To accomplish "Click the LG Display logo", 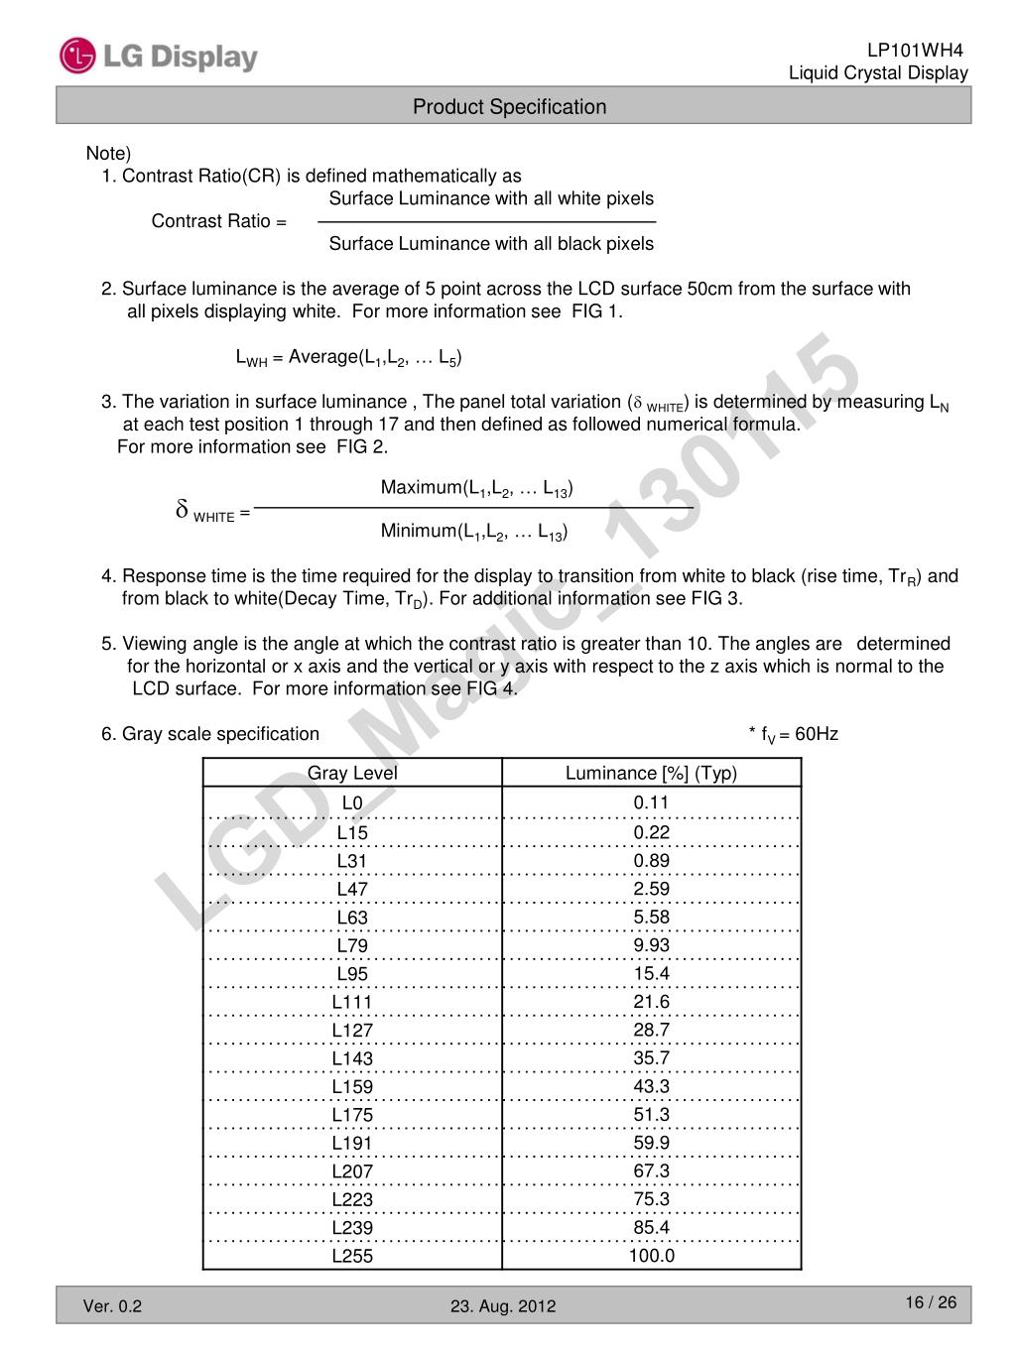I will coord(159,57).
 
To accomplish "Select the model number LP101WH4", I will coord(915,51).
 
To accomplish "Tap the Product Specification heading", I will coord(509,107).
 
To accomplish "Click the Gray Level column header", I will coord(352,774).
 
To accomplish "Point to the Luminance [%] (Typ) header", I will coord(651,774).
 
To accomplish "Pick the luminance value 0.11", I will coord(651,802).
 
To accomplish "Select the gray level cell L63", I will coord(352,918).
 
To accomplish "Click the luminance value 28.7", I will coord(651,1030).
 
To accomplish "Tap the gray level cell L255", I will coord(352,1256).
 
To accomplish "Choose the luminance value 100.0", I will coord(651,1256).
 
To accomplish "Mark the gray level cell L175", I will coord(352,1115).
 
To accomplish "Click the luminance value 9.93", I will coord(651,945).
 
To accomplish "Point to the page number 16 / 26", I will coord(931,1302).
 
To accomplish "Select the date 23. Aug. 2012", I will coord(503,1306).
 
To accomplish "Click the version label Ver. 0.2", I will coord(112,1306).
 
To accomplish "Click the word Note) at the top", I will coord(108,154).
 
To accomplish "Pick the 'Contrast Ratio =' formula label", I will coord(218,221).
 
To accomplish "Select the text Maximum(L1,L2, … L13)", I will coord(476,488).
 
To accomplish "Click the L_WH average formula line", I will coord(348,358).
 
